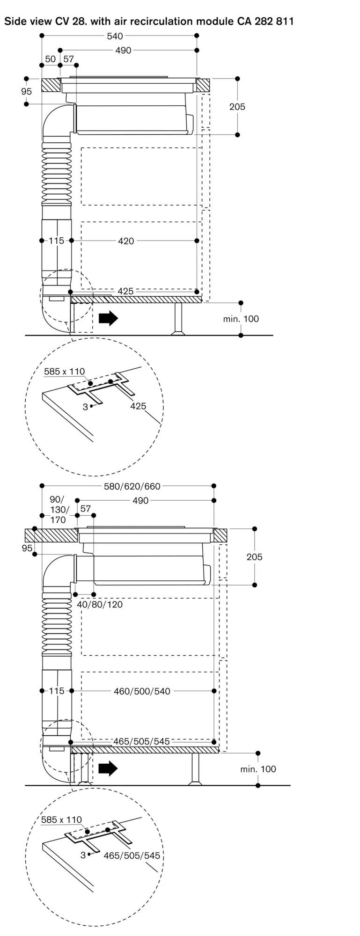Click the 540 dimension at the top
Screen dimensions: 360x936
pos(115,36)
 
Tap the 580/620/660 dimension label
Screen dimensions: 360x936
pos(132,486)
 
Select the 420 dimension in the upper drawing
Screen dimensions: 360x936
pos(126,241)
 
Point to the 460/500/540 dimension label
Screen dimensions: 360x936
pos(142,691)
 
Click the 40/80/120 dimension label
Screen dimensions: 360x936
pos(100,604)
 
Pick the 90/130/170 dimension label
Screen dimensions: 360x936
pos(58,510)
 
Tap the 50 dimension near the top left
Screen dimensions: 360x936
pos(50,59)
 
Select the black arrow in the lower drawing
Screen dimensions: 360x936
pos(108,768)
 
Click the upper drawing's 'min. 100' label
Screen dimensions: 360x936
pos(241,319)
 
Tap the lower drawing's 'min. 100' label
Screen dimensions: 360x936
pos(258,769)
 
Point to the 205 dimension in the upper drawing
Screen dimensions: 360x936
pos(237,107)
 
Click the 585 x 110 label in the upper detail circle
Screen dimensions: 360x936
pos(65,372)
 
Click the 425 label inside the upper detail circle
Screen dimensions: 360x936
pos(138,406)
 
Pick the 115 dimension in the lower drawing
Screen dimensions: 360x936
pos(57,691)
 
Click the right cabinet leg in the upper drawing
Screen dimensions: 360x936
pos(178,319)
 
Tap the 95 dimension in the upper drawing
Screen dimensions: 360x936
pos(27,92)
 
